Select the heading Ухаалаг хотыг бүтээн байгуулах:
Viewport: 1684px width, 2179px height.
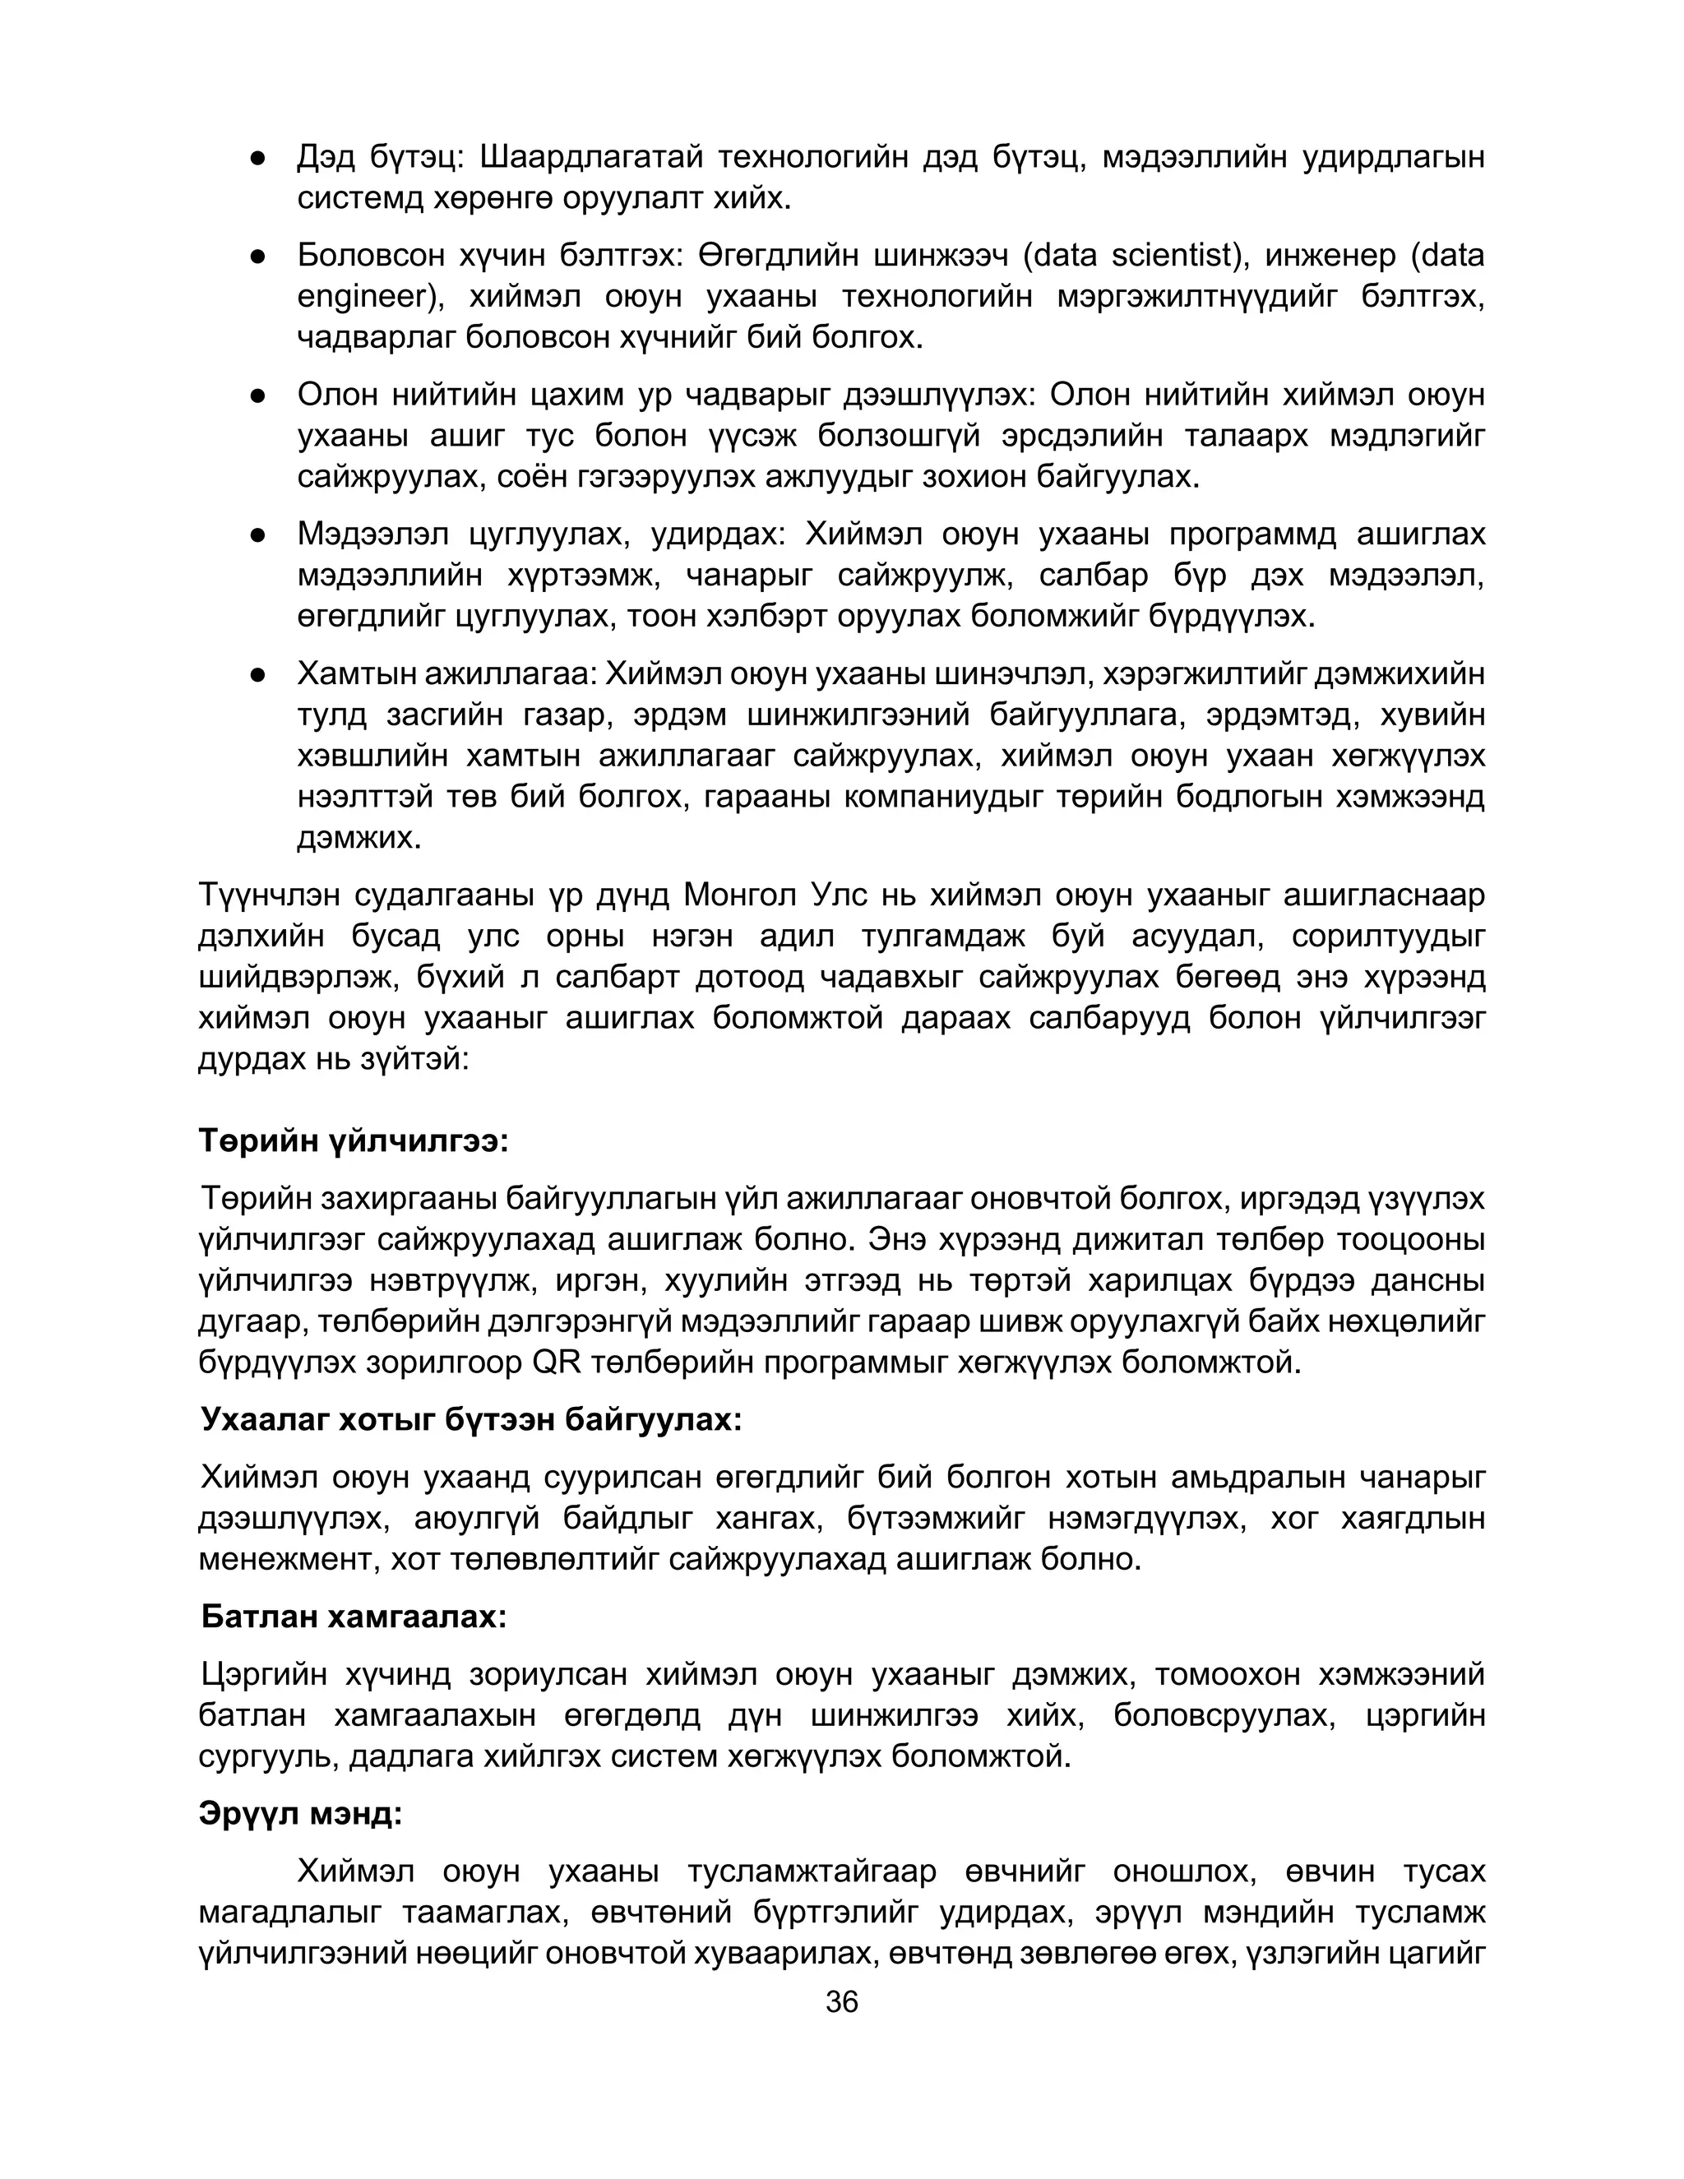point(471,1418)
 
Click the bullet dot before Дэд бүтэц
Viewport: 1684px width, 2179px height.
point(257,158)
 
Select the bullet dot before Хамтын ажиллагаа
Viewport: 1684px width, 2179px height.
point(257,674)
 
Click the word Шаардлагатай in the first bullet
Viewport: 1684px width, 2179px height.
point(590,158)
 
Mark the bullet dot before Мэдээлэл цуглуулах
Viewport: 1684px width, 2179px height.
point(257,536)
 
